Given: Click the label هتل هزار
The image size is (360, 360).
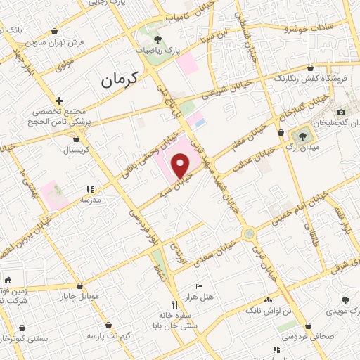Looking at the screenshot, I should point(207,300).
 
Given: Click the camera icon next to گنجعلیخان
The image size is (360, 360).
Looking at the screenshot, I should point(341,112).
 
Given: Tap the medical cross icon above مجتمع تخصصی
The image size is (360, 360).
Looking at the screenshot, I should point(60,101).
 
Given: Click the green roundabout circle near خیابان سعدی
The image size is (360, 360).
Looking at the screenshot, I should point(248,233).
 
